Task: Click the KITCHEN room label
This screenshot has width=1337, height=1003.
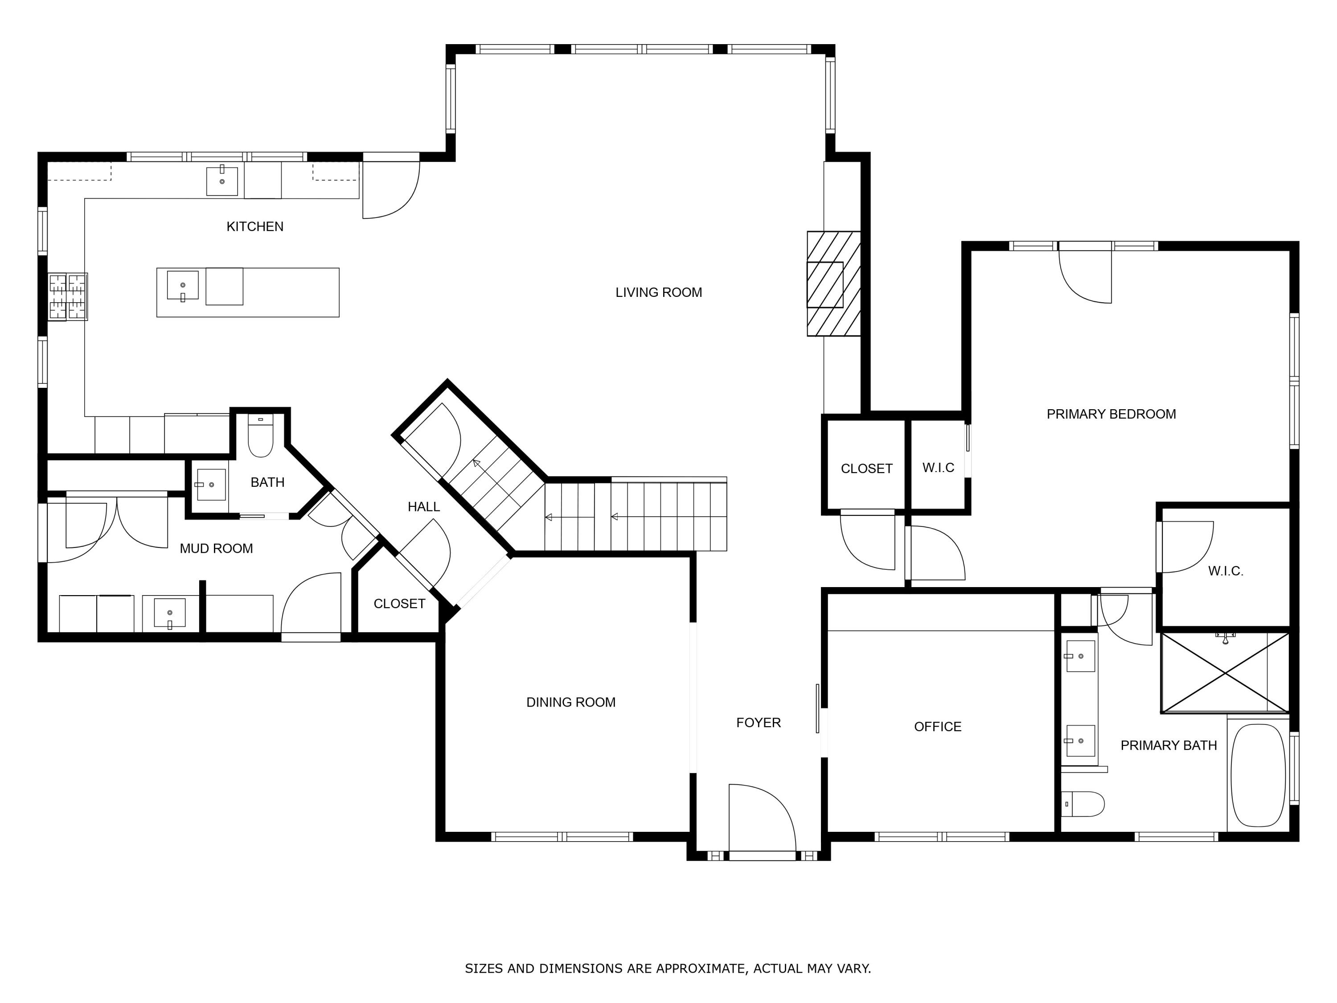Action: (254, 226)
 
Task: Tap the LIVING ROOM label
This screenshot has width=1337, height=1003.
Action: (658, 292)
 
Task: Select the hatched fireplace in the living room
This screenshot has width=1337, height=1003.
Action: (833, 284)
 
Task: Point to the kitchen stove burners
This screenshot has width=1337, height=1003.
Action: (68, 296)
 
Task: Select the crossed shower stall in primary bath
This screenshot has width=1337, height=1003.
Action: (1225, 672)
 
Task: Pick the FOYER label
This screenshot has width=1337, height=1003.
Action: (758, 723)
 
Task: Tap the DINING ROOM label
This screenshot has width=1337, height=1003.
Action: (570, 703)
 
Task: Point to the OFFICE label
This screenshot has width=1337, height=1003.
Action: (937, 727)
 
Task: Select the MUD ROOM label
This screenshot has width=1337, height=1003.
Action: (216, 548)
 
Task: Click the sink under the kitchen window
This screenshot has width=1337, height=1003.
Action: (222, 180)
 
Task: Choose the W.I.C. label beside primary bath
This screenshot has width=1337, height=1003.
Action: (1225, 571)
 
